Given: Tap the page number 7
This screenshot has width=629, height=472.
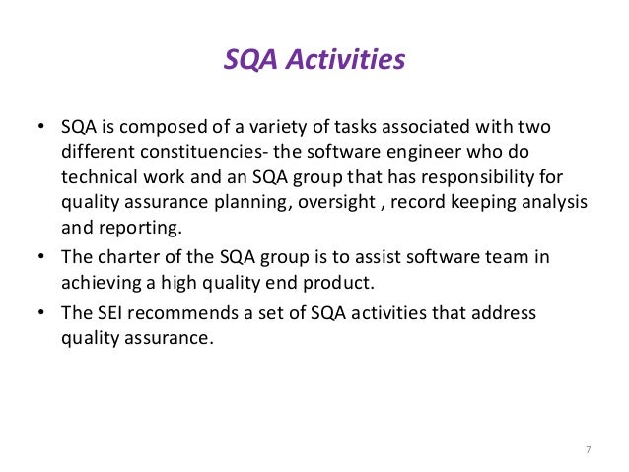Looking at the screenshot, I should coord(588,451).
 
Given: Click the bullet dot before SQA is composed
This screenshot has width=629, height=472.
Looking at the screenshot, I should coord(41,130).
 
